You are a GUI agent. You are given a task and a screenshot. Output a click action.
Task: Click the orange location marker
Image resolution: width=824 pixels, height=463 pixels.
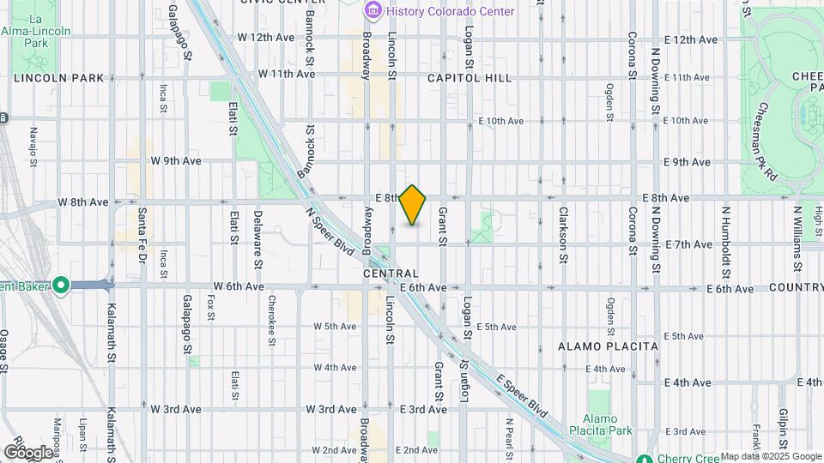(413, 205)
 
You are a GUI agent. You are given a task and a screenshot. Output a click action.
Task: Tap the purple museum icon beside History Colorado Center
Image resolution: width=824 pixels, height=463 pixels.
(373, 11)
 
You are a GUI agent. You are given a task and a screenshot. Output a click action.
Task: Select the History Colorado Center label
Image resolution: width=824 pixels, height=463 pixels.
(450, 11)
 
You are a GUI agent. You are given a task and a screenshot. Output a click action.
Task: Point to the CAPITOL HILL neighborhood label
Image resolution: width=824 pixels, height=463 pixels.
(470, 78)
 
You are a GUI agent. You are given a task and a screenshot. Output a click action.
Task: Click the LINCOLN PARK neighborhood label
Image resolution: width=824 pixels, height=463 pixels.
(58, 78)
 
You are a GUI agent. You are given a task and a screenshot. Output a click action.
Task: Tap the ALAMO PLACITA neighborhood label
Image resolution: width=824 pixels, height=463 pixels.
(608, 346)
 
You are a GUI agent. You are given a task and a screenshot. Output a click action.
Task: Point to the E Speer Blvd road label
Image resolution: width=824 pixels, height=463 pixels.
(521, 392)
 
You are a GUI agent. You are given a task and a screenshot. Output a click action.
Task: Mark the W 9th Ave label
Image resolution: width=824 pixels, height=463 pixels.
(176, 160)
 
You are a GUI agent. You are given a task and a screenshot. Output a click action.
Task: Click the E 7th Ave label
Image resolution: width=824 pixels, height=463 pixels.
(688, 244)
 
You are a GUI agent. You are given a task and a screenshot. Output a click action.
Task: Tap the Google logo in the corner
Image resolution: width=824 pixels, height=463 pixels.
(28, 452)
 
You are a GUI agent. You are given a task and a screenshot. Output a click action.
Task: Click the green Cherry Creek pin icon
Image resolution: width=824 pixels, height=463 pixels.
(645, 459)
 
